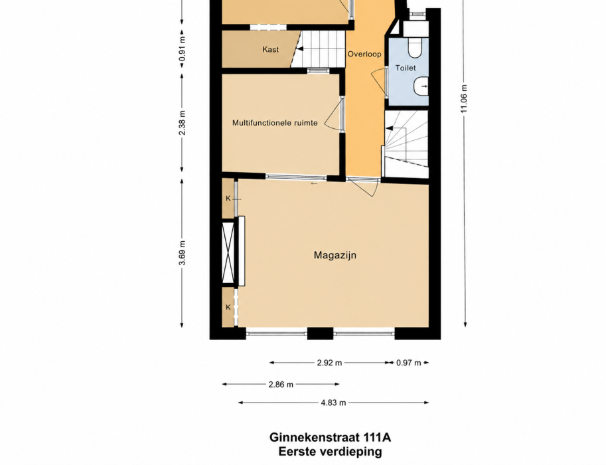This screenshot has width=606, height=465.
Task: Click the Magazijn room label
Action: tap(335, 255)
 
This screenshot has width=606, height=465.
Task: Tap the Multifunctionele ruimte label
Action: tap(275, 123)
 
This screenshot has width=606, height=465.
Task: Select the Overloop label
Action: tap(364, 54)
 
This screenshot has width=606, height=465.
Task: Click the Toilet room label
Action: tap(406, 68)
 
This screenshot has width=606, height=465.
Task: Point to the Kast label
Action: tap(271, 50)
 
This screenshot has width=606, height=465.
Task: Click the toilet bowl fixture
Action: tap(416, 46)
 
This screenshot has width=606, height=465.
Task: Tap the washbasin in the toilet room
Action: tap(421, 86)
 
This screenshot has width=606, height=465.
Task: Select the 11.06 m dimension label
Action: tap(465, 99)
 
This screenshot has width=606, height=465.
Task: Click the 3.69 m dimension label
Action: tap(183, 253)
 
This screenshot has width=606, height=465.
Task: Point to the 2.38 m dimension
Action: tap(183, 123)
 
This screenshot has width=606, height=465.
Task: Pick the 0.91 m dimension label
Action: tap(183, 48)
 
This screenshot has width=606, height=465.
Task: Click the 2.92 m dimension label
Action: tap(329, 363)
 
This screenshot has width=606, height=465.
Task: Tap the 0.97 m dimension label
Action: tap(408, 363)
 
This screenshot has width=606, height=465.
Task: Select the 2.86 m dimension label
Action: tap(281, 385)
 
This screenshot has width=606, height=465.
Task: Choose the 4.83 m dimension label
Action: tap(333, 403)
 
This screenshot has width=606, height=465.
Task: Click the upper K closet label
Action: tap(228, 199)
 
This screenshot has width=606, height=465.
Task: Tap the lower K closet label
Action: tap(228, 308)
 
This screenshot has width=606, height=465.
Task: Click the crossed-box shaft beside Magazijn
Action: tap(228, 253)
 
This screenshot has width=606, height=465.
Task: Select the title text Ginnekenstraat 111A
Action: tap(330, 438)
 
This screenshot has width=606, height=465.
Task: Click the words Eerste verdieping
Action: tap(330, 452)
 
